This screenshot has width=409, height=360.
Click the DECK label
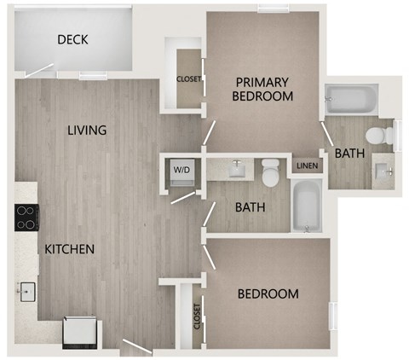[x=73, y=40]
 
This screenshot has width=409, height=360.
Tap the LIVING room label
[x=88, y=131]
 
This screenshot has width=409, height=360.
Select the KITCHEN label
[x=69, y=249]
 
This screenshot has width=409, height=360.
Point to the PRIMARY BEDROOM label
[x=263, y=90]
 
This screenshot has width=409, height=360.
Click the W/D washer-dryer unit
[x=182, y=170]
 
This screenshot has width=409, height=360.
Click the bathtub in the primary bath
[x=349, y=102]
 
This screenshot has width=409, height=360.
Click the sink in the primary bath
[x=382, y=171]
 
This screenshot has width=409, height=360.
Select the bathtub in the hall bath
[x=306, y=206]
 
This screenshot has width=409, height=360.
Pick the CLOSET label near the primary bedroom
[x=188, y=80]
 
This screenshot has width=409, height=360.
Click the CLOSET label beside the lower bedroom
[x=197, y=317]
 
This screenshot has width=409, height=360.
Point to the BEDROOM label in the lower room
[x=268, y=294]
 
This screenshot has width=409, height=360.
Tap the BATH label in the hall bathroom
[x=251, y=206]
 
